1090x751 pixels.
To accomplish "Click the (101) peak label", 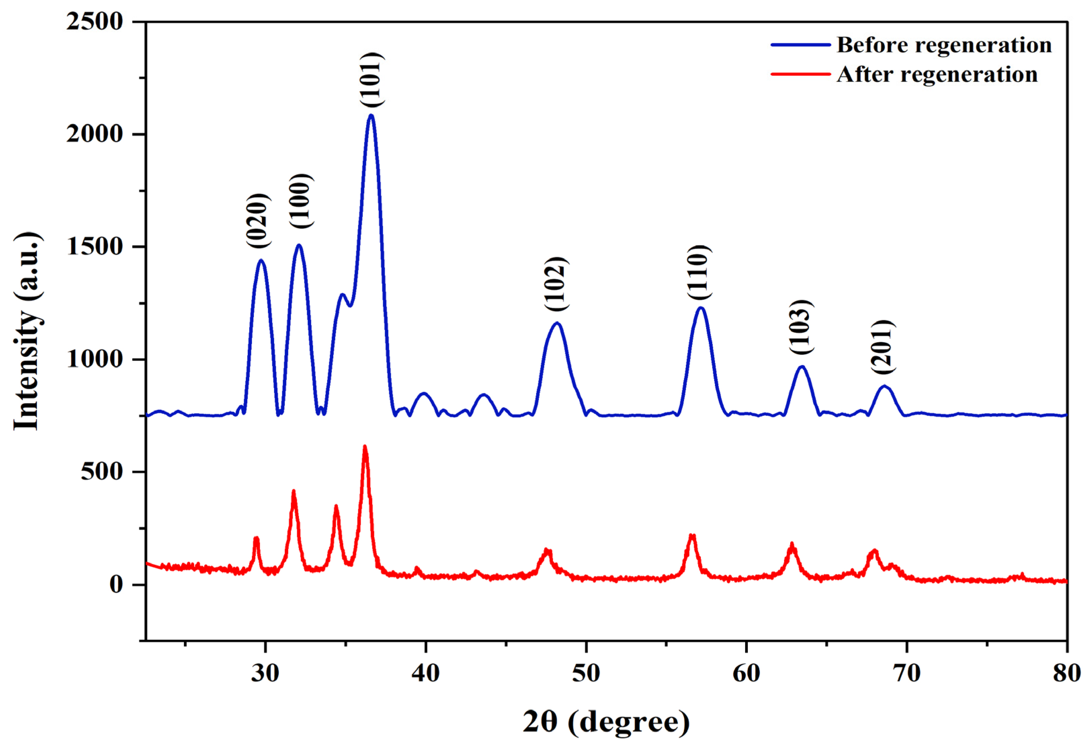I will click(x=372, y=80).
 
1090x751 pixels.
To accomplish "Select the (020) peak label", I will click(x=258, y=220).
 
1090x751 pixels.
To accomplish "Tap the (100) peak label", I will click(x=300, y=201).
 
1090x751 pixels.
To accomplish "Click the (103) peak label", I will click(x=801, y=327).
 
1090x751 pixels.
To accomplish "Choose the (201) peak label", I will click(x=882, y=347).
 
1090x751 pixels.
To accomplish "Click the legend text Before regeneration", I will click(x=944, y=45).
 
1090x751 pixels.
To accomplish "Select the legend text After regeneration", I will click(x=937, y=74).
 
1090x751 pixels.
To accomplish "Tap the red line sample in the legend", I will click(x=800, y=74).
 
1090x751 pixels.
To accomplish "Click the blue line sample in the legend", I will click(x=800, y=45).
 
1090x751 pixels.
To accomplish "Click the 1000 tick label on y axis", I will click(x=94, y=360).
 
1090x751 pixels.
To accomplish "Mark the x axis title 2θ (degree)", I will click(x=606, y=722).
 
